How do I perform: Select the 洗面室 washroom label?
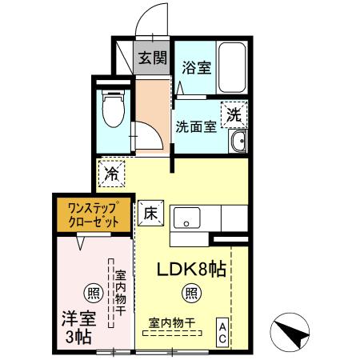click(195, 126)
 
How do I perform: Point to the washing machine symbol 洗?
click(234, 114)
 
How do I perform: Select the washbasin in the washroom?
click(236, 143)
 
